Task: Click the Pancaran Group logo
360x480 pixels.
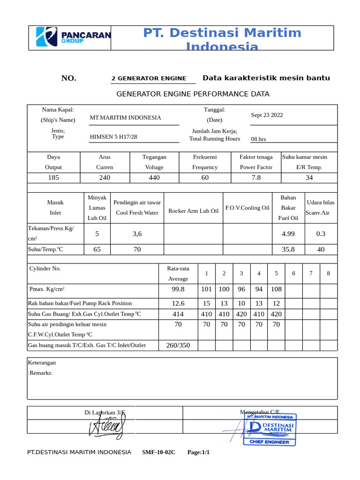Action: pos(74,37)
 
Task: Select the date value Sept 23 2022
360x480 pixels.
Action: pos(267,115)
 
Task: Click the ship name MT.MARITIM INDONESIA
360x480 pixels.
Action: pos(125,118)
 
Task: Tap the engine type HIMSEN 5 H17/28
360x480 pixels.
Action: pos(113,137)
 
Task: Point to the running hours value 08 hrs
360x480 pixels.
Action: pos(258,139)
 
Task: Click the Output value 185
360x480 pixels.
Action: pos(53,178)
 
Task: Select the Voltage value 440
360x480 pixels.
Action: pos(154,178)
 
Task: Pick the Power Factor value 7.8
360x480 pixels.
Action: pos(256,178)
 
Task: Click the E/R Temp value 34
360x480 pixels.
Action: pos(309,178)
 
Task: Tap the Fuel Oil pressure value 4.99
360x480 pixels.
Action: pos(288,233)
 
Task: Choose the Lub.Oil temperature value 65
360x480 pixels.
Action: pos(97,249)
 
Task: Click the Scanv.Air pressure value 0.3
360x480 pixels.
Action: pos(321,233)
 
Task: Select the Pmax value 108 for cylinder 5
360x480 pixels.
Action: pos(276,290)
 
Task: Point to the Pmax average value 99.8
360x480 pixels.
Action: pos(178,290)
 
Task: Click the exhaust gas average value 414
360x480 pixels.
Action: pos(178,314)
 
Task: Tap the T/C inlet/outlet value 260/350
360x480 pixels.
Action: pos(178,345)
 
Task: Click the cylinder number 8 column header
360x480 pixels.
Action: pos(328,273)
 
